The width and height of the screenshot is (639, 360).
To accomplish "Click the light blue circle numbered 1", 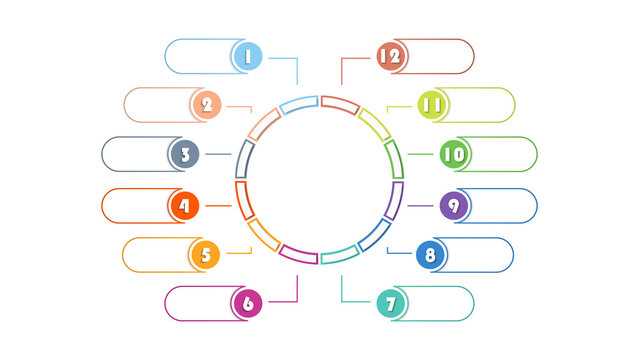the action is [x=247, y=56].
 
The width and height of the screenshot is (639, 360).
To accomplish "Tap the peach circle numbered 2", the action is [x=206, y=104].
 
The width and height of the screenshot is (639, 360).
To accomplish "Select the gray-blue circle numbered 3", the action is [x=184, y=154].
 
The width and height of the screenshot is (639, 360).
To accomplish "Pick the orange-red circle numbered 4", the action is [x=184, y=206].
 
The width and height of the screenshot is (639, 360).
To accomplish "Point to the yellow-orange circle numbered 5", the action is [x=205, y=255].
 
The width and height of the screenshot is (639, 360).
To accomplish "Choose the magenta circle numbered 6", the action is [x=247, y=303].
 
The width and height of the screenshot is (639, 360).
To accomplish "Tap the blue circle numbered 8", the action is [x=431, y=255].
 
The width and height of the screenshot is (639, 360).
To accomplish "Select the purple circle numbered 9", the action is [x=454, y=206].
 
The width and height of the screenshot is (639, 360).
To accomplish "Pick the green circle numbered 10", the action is [x=454, y=154].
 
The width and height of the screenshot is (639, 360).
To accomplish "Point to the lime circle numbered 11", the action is [x=431, y=104].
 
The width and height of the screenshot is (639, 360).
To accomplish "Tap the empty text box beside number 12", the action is [x=440, y=56].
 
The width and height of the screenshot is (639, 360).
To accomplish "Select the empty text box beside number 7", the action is [x=440, y=303].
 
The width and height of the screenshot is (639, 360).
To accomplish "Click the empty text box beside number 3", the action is [x=134, y=154].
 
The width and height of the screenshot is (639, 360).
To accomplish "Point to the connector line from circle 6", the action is [x=297, y=290].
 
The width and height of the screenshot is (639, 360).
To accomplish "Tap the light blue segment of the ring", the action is [x=298, y=103].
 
